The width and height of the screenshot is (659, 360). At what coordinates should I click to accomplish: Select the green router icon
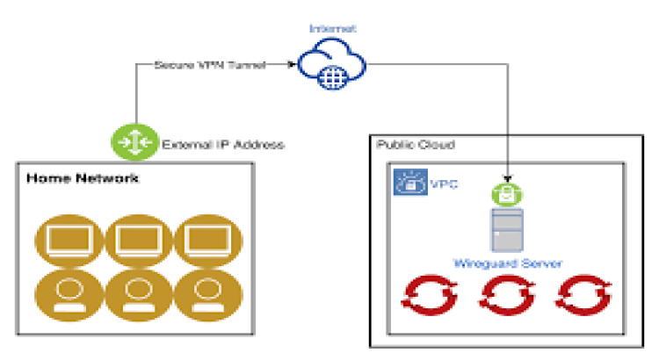(134, 143)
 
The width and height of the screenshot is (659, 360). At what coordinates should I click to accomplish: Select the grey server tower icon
(507, 229)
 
